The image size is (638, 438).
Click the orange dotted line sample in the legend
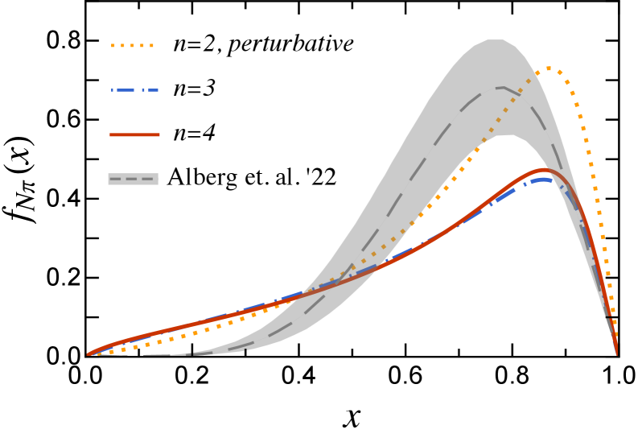tap(132, 46)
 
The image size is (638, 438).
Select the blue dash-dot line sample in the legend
tap(134, 90)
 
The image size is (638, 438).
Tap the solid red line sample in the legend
tap(134, 134)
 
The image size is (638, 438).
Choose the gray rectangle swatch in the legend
tap(133, 179)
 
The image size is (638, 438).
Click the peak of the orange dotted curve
tap(548, 68)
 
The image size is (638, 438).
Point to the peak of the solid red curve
tap(545, 169)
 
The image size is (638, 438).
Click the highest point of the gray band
tap(494, 39)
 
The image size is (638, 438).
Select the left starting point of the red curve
tap(88, 354)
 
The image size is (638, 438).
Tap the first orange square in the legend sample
tap(113, 46)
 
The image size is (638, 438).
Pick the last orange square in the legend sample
tap(151, 46)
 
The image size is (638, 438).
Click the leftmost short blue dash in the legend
tap(113, 90)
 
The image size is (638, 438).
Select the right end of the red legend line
tap(158, 134)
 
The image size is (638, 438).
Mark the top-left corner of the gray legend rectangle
tap(109, 173)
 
